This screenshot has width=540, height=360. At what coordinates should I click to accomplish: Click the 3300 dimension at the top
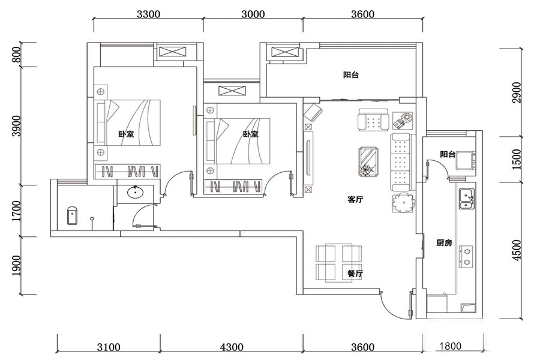click(x=148, y=14)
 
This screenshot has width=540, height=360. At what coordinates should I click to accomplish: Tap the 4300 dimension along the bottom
click(x=232, y=347)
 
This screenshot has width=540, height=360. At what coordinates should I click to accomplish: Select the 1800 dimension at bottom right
click(x=450, y=346)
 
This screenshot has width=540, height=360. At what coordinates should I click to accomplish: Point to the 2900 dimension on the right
click(x=517, y=92)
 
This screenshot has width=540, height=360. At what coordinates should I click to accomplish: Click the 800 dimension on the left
click(x=16, y=55)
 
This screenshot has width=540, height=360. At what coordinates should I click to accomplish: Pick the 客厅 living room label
click(x=355, y=199)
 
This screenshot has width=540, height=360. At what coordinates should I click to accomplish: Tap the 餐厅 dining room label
click(x=355, y=274)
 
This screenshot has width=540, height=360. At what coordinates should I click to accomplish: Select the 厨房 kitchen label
click(x=444, y=243)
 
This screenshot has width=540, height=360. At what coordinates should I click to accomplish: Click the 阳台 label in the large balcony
click(x=351, y=75)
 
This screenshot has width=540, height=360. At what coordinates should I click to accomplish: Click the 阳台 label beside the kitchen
click(x=448, y=154)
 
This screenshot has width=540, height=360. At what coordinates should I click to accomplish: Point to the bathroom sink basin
click(x=136, y=192)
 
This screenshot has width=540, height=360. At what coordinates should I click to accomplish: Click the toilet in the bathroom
click(x=72, y=215)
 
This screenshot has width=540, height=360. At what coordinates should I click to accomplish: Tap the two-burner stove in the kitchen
click(x=466, y=257)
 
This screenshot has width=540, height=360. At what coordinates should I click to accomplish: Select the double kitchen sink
click(x=467, y=199)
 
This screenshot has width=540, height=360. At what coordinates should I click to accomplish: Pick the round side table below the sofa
click(x=404, y=203)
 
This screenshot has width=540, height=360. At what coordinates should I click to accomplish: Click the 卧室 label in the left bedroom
click(x=127, y=134)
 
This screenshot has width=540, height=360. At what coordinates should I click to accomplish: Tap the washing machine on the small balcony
click(x=466, y=161)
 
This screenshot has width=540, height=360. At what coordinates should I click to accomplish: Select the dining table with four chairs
click(x=339, y=263)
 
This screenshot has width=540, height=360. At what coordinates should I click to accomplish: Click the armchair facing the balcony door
click(x=373, y=120)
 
